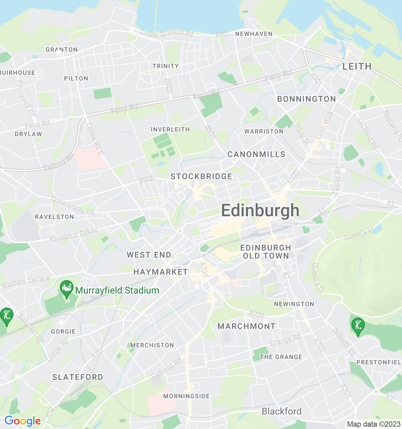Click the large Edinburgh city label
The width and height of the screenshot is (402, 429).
tap(260, 210)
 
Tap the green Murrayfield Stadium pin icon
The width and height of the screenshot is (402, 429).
tap(67, 289)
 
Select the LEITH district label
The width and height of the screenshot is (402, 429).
tap(357, 66)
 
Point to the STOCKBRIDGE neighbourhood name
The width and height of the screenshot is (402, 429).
tap(201, 177)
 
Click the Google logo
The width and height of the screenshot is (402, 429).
tap(22, 421)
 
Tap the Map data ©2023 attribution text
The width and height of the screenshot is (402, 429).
tap(374, 424)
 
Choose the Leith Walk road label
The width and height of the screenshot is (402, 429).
tap(325, 125)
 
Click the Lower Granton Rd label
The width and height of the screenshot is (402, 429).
tap(167, 33)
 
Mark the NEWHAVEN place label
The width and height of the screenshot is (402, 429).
tap(254, 34)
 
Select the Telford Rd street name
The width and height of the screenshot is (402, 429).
tap(59, 162)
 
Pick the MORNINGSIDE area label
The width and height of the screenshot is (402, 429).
tap(186, 396)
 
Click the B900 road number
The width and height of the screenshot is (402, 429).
tap(146, 180)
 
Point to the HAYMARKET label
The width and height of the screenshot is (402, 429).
tap(160, 272)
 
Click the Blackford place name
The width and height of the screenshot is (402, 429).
tap(281, 411)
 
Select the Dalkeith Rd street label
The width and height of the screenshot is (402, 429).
tap(343, 342)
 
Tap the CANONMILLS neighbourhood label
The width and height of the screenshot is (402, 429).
tap(256, 154)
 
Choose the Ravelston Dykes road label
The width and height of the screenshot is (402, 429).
tap(73, 235)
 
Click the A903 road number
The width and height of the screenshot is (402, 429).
tap(169, 86)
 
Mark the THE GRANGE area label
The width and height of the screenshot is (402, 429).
tap(281, 357)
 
